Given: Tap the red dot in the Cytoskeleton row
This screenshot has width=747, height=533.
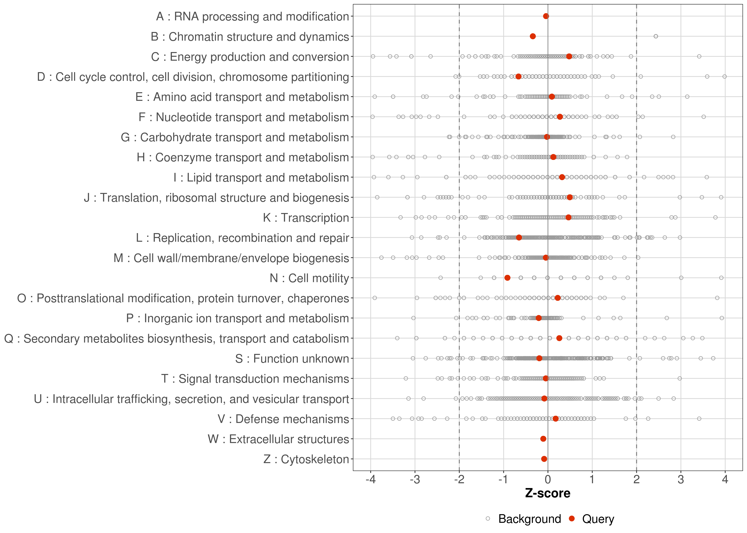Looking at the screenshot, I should tap(544, 459).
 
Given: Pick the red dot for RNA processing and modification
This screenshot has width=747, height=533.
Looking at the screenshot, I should tap(546, 16).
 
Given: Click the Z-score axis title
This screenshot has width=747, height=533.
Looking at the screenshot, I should tap(548, 493).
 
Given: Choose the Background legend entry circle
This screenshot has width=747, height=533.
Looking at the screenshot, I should tap(488, 519).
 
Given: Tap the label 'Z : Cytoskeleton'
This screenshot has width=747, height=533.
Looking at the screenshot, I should tap(306, 459).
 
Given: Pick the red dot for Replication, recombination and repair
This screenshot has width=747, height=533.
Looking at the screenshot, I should tap(519, 237).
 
